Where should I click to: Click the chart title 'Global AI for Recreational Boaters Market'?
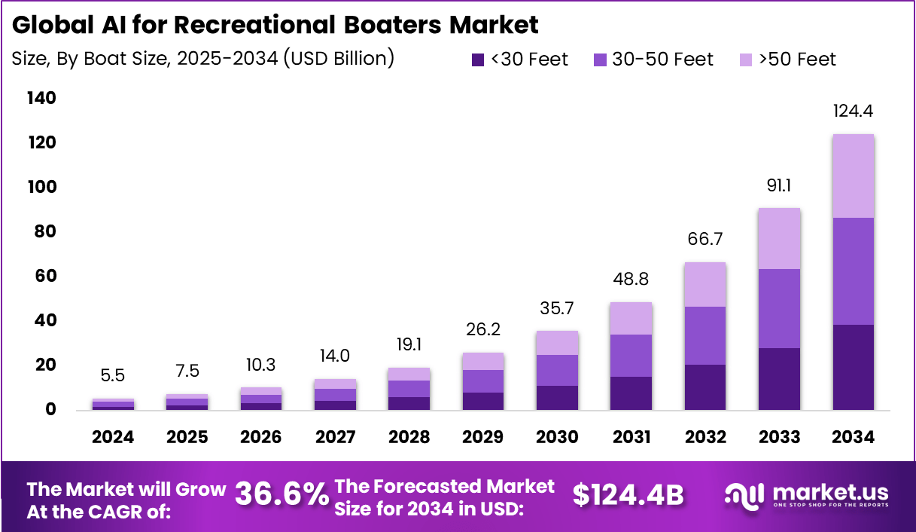click(275, 25)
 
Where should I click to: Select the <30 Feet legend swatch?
click(478, 60)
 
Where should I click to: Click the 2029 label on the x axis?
click(483, 437)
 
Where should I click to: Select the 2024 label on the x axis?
click(113, 437)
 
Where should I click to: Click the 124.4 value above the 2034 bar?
click(853, 111)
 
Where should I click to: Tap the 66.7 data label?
click(705, 239)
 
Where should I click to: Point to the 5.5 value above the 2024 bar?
click(113, 375)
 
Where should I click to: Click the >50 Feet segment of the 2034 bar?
click(853, 176)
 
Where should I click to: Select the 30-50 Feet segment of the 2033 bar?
click(779, 308)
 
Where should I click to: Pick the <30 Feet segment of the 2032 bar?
click(705, 387)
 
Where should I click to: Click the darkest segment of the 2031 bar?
click(631, 393)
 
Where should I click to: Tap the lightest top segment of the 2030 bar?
click(557, 343)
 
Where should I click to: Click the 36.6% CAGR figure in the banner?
click(281, 494)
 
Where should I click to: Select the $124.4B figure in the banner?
click(628, 494)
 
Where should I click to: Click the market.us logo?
click(806, 495)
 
